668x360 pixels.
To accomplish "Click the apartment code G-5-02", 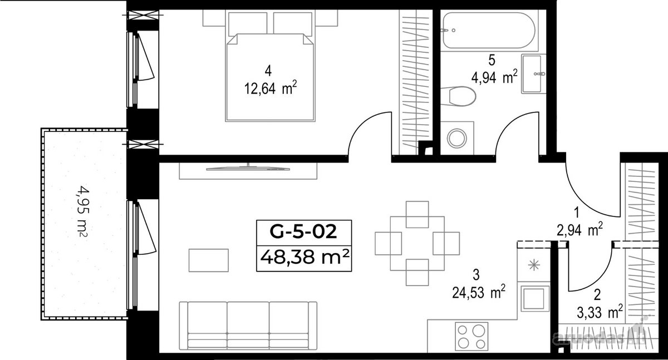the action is click(x=303, y=232).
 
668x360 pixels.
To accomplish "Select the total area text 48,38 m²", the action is click(x=304, y=257).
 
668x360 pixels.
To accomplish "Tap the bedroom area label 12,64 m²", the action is click(x=271, y=88).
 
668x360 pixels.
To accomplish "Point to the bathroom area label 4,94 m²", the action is click(x=494, y=77).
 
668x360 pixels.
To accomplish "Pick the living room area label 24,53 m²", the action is click(x=479, y=292).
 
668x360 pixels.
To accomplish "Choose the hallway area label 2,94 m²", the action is click(x=579, y=230).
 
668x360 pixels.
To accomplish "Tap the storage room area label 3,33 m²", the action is click(x=600, y=313).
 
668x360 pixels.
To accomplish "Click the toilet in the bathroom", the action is click(x=458, y=96).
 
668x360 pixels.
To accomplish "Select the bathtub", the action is click(x=489, y=30).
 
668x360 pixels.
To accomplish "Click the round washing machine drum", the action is click(x=456, y=137).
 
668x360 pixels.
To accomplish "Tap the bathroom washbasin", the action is click(x=532, y=73).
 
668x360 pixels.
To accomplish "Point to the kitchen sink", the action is click(x=535, y=299).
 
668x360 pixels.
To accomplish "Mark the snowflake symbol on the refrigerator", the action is click(x=534, y=265).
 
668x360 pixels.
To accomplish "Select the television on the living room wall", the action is click(x=248, y=169).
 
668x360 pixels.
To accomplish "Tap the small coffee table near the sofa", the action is click(x=208, y=260).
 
